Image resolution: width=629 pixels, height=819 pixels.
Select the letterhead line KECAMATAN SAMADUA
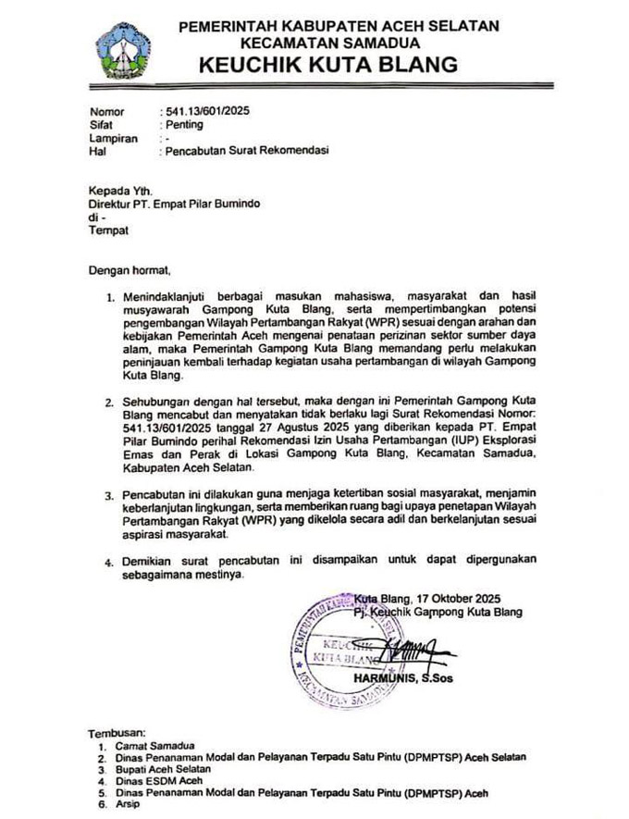[329, 43]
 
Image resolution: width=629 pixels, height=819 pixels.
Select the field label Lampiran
[113, 138]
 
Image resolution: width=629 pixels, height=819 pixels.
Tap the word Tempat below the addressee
[108, 229]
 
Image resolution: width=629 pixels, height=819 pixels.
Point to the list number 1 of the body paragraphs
[110, 296]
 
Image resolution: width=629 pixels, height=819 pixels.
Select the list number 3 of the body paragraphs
[110, 497]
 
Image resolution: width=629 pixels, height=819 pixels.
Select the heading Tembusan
[119, 731]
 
